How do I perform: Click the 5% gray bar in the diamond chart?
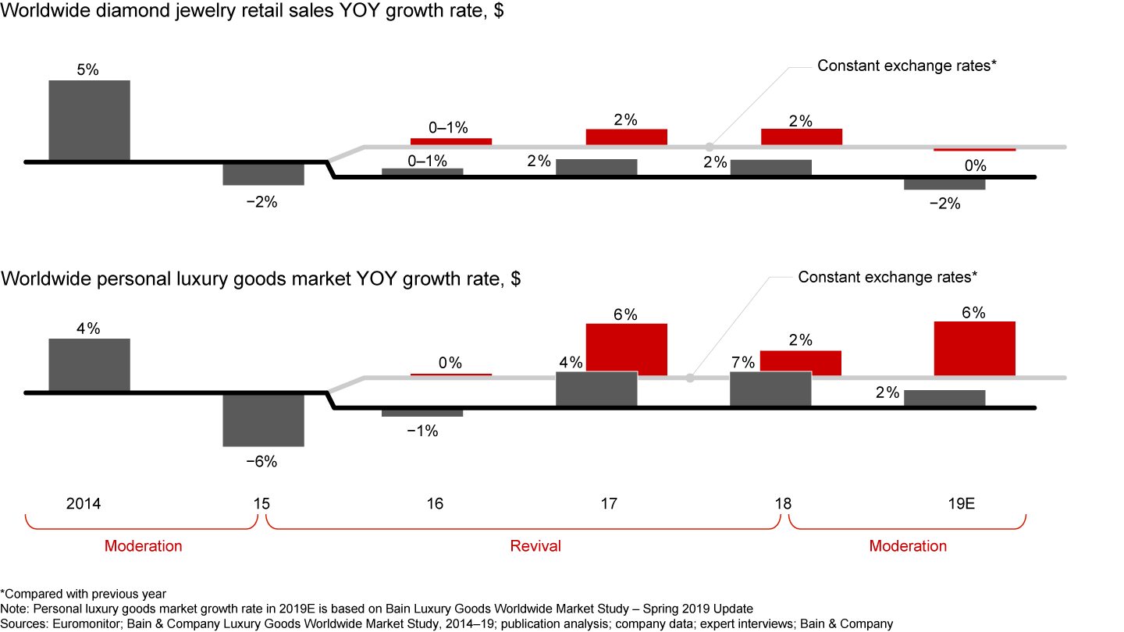[90, 120]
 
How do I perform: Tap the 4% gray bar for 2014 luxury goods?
[90, 364]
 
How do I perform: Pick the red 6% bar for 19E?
[975, 349]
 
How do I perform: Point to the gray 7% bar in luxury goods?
[770, 389]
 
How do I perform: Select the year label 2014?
[84, 503]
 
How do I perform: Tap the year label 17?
[609, 503]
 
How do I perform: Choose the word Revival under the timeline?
[535, 545]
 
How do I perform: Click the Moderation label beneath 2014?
[143, 545]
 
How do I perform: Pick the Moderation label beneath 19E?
[908, 545]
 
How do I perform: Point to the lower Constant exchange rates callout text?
[887, 276]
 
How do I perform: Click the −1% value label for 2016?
[422, 431]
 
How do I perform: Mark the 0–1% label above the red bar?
[448, 127]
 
